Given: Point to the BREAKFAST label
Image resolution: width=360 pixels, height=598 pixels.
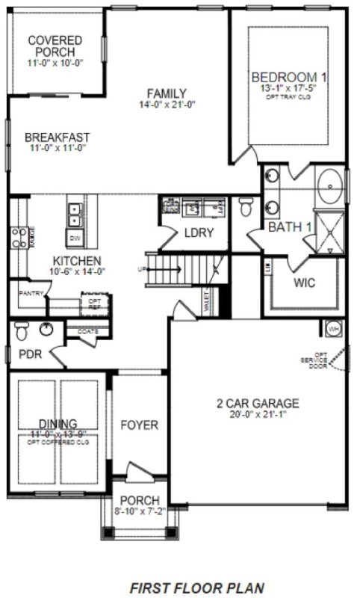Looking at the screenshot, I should click(57, 137).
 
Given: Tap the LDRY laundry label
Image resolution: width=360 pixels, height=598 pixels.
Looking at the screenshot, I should click(199, 232).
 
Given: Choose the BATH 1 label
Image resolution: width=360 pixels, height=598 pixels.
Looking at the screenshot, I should click(290, 226).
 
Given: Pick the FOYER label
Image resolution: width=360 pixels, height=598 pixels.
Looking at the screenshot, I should click(140, 425).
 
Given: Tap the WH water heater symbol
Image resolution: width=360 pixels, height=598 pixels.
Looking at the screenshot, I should click(332, 327).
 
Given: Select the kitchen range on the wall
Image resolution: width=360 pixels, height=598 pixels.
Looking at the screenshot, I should click(18, 237).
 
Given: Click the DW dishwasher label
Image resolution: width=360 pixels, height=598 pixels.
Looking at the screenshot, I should click(75, 238).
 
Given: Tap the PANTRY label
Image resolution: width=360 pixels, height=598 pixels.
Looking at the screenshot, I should click(31, 293).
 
